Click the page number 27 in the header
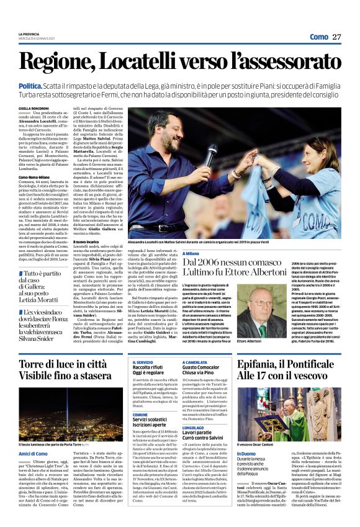pos(337,37)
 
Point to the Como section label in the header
pos(318,37)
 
